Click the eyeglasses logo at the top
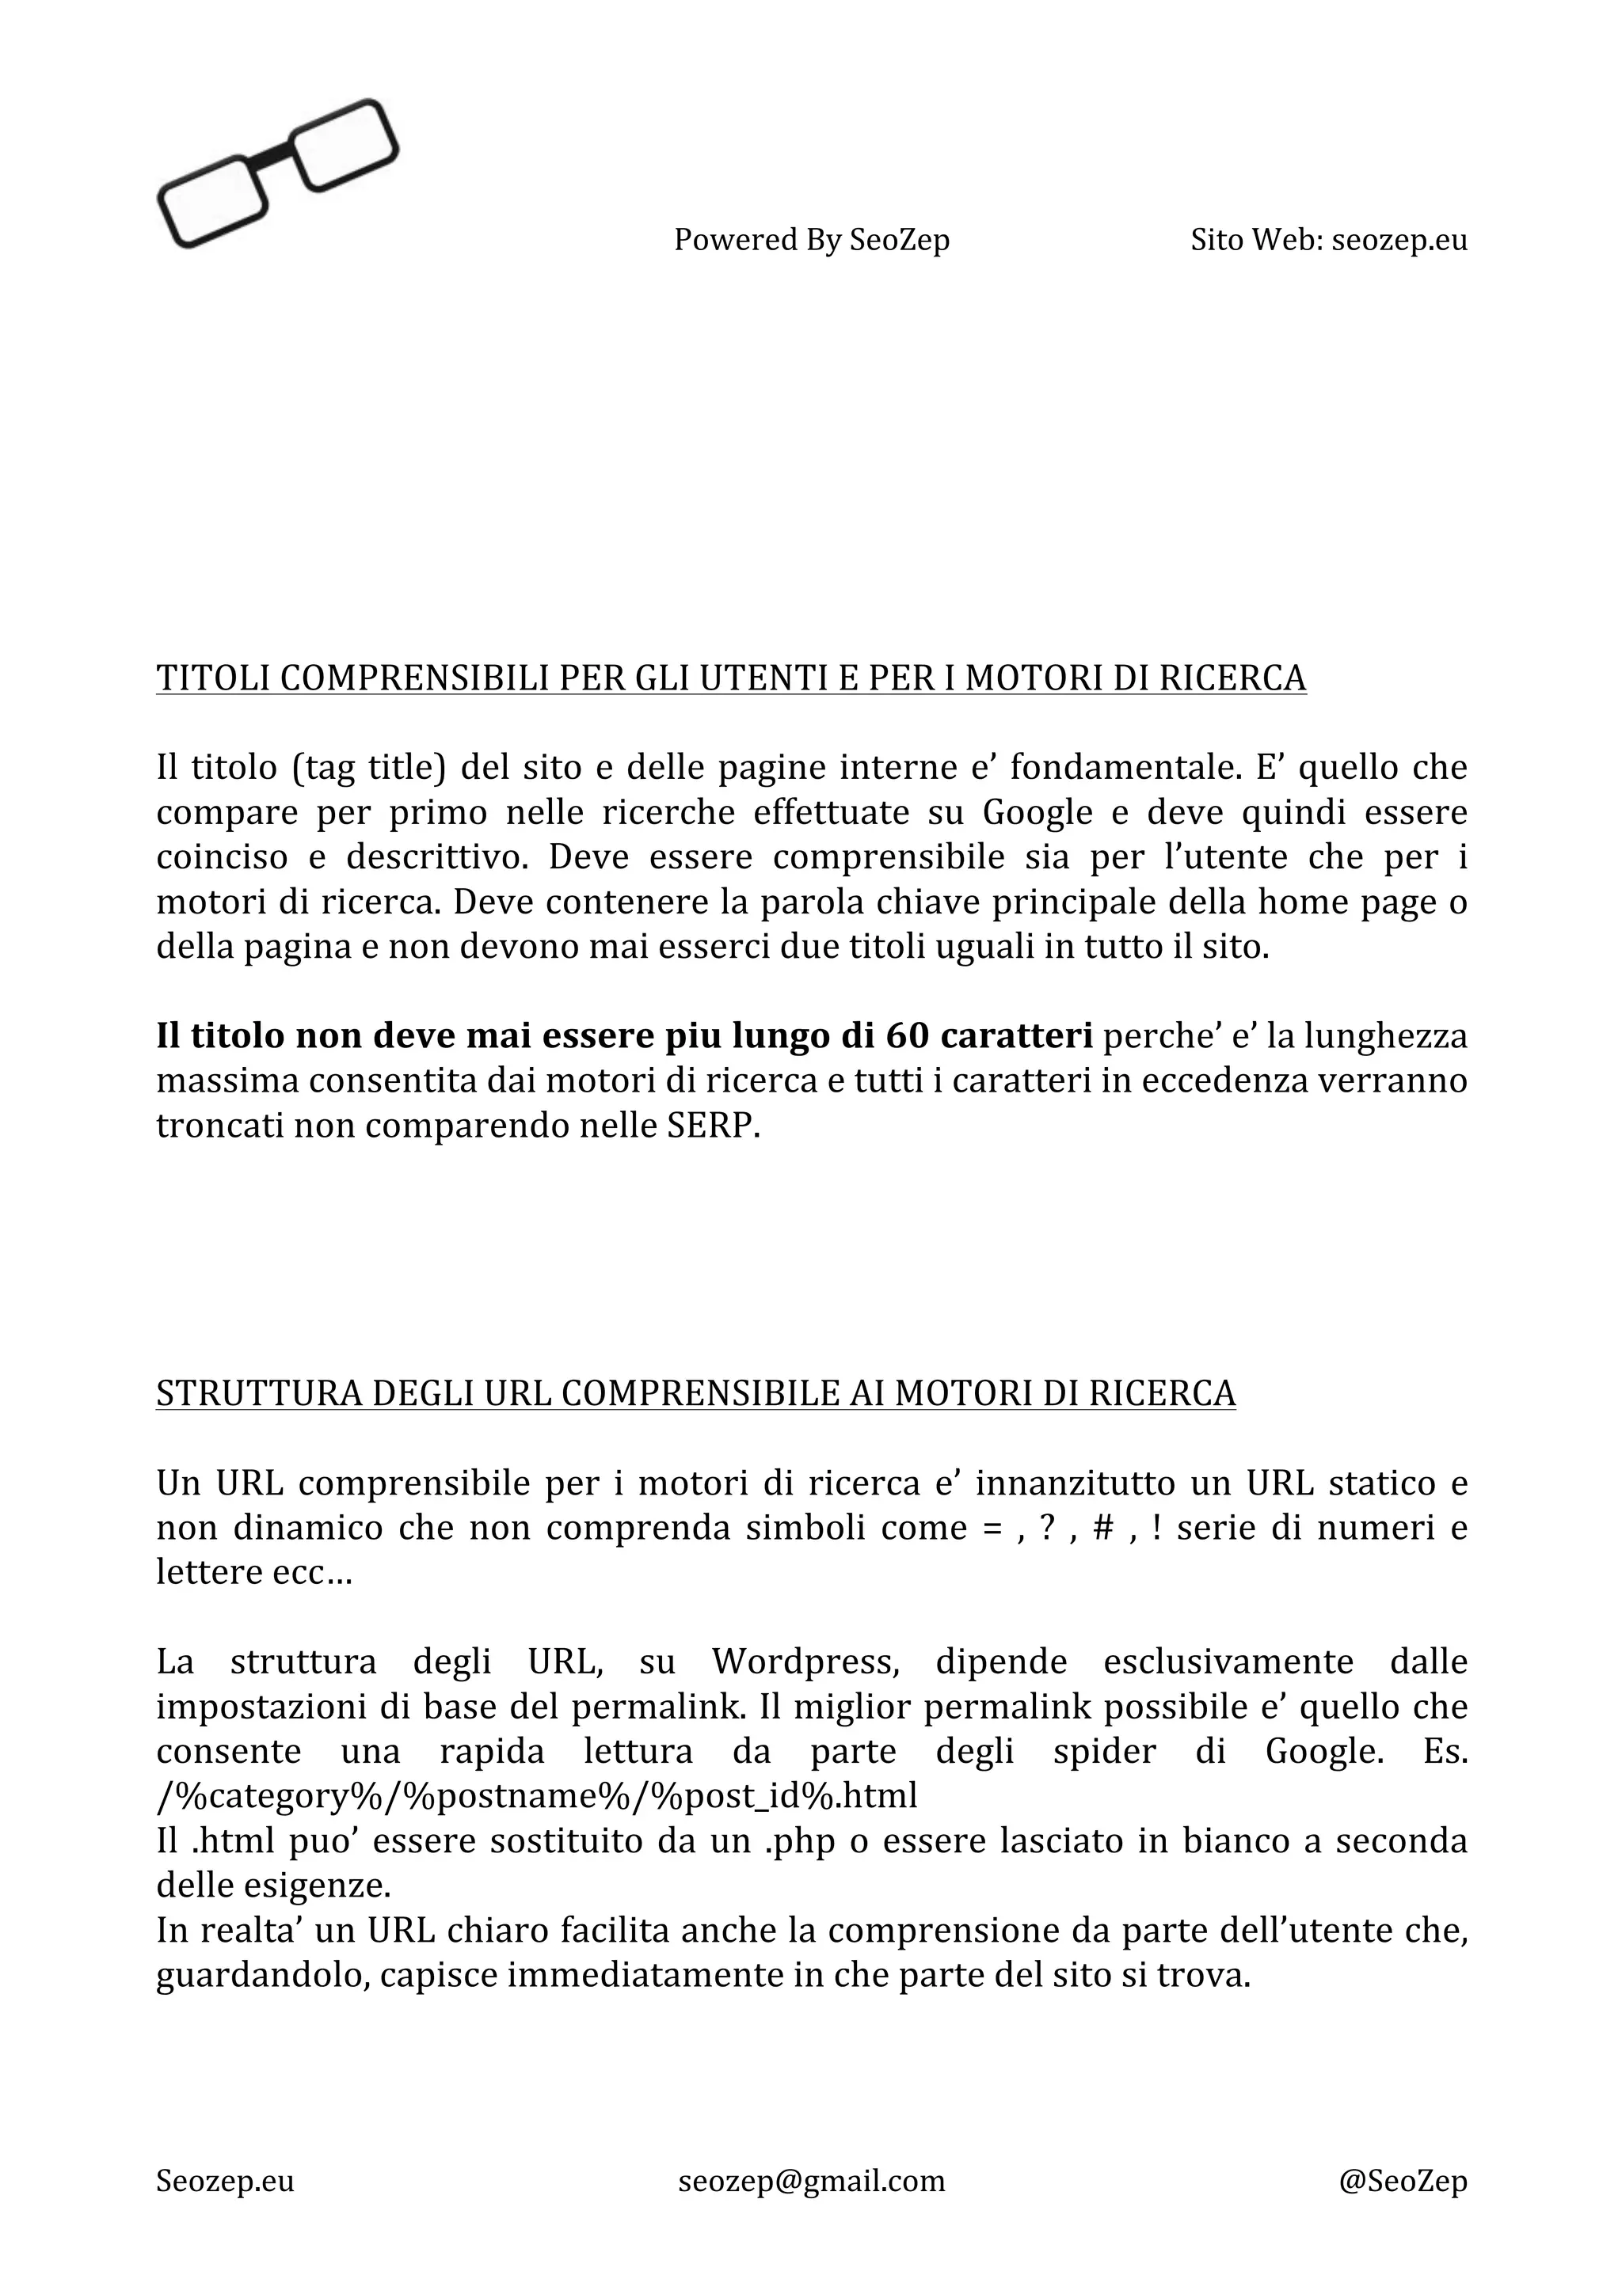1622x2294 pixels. (x=277, y=173)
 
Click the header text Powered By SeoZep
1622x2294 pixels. (x=812, y=240)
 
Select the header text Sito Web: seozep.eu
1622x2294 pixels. (x=1328, y=240)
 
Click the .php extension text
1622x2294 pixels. (x=799, y=1841)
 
